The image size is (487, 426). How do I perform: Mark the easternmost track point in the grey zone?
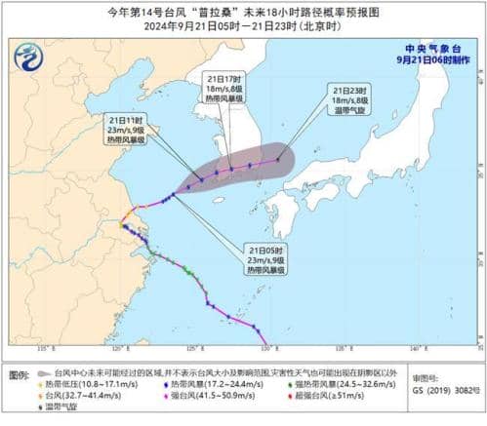pyautogui.click(x=278, y=159)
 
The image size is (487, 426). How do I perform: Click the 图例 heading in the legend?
pyautogui.click(x=18, y=373)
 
